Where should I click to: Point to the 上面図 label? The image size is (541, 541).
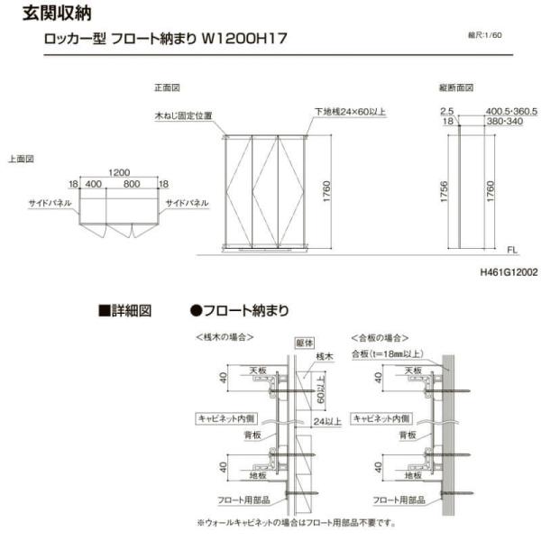21,158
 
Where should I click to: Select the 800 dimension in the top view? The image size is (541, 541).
132,184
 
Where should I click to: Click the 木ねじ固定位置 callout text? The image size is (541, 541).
183,115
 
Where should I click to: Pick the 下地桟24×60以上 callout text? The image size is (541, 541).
350,112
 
